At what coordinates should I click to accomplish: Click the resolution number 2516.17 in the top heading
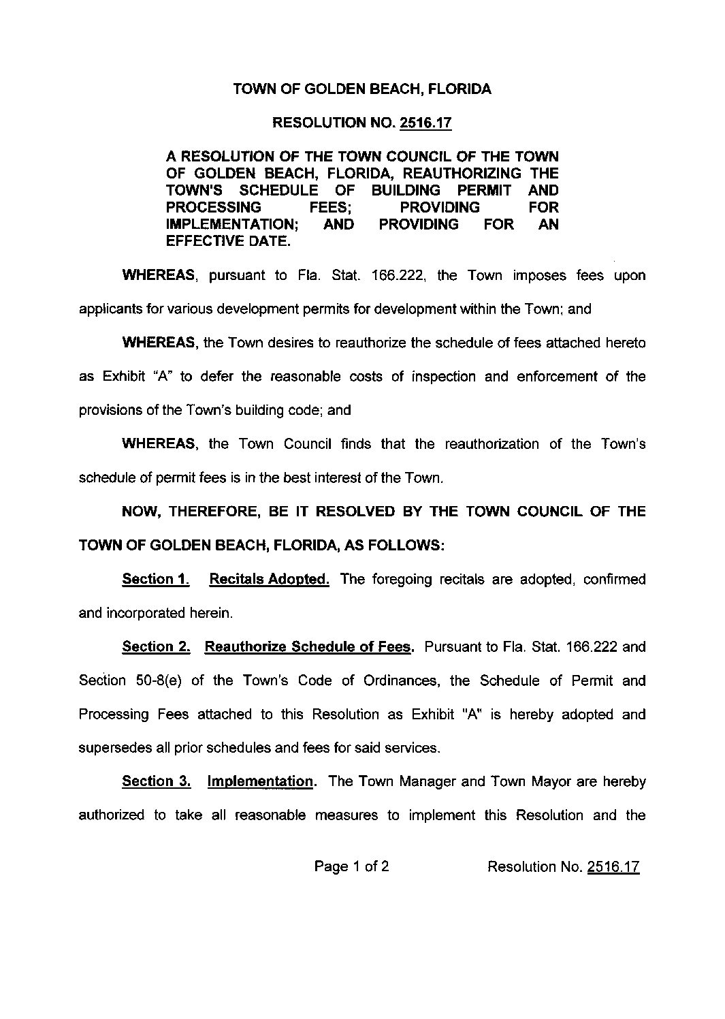425,123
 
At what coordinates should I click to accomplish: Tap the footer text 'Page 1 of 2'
351,866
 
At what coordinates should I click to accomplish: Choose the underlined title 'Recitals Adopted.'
270,579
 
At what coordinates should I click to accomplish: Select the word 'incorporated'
143,613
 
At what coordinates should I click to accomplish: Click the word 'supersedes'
114,748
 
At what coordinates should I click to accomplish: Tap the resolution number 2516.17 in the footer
613,867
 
